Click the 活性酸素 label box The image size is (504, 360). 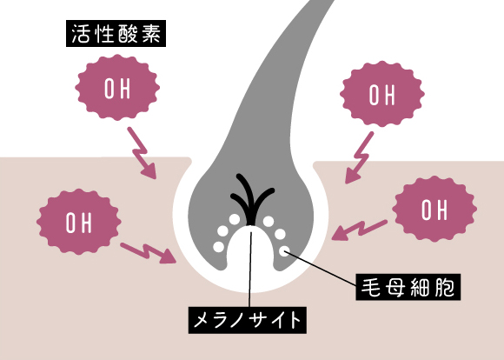[x=116, y=33]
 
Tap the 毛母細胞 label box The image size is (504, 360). [x=408, y=287]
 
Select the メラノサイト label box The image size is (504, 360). [x=247, y=320]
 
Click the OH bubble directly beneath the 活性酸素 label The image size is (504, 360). [x=117, y=88]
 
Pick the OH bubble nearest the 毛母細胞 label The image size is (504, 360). [x=434, y=209]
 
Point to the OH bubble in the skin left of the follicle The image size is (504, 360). [x=79, y=222]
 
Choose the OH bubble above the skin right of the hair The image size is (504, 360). [x=382, y=94]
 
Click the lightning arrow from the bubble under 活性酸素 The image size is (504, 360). [x=142, y=152]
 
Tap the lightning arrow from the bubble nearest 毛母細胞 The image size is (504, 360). [x=360, y=230]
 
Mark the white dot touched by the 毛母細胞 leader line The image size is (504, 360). [x=284, y=251]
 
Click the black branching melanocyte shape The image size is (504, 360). [x=252, y=199]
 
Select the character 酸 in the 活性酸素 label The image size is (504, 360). [x=128, y=33]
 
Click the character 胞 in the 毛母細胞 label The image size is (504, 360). [x=445, y=287]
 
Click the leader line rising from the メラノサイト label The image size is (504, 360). [x=250, y=266]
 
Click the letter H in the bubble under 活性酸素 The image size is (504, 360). [x=126, y=89]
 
